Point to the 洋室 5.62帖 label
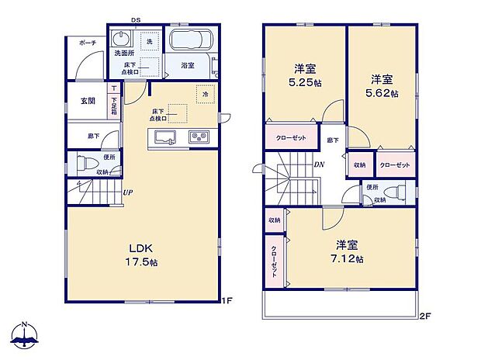coord(383,85)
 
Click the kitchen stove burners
coord(199,137)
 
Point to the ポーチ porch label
coord(87,44)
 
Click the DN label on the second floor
coord(319,164)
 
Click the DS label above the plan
coord(136,21)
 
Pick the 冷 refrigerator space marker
coord(206,95)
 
